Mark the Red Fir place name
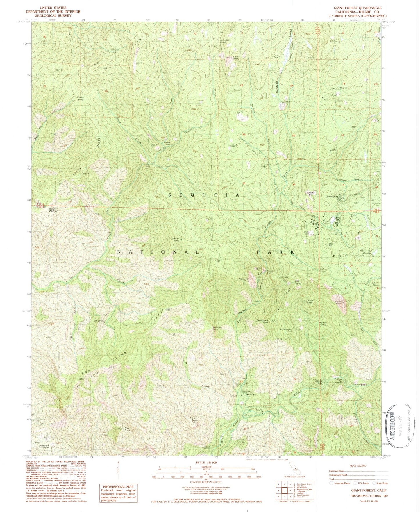pos(344,88)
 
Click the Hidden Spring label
pos(79,98)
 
